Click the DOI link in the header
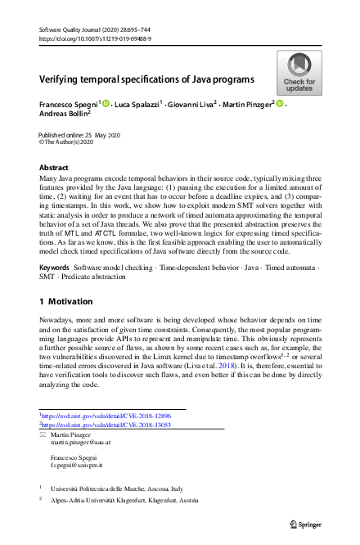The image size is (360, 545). [95, 38]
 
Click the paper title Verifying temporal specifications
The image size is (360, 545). [146, 80]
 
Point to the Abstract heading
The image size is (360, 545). [54, 167]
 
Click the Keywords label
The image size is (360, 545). [54, 245]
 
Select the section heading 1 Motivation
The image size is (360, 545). [71, 278]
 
